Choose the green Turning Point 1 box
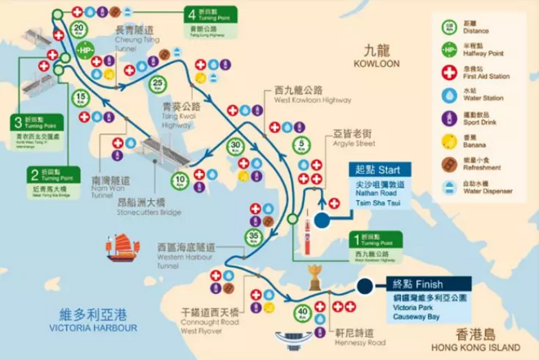376,239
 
